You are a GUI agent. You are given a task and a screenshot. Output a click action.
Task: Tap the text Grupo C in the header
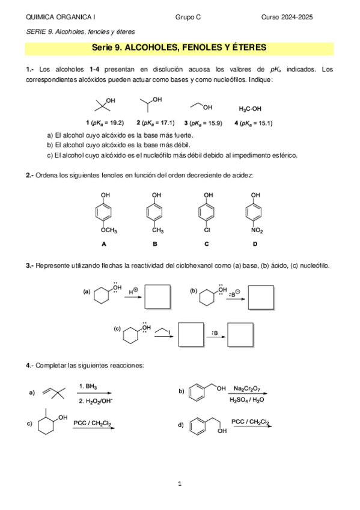click(188, 18)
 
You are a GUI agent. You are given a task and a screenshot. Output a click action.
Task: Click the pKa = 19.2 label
click(105, 123)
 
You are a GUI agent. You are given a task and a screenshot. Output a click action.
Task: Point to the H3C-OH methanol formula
click(250, 109)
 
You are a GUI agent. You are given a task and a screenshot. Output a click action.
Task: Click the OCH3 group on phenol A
click(108, 230)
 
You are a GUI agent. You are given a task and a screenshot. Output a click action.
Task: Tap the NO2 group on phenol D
click(257, 230)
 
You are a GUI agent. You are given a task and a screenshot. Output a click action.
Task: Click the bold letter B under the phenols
click(155, 244)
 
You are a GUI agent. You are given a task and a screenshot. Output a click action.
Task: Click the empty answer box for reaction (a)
click(159, 296)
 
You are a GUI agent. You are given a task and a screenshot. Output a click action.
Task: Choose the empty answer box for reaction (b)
click(265, 296)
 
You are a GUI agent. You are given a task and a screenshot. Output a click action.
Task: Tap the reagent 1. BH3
click(88, 386)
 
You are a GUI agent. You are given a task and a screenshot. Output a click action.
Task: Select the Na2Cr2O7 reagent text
click(247, 389)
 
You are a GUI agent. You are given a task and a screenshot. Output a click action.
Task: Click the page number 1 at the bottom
click(180, 483)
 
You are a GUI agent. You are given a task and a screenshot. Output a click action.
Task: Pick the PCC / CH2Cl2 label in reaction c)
click(93, 423)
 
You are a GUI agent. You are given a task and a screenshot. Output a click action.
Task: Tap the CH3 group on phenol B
click(157, 230)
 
